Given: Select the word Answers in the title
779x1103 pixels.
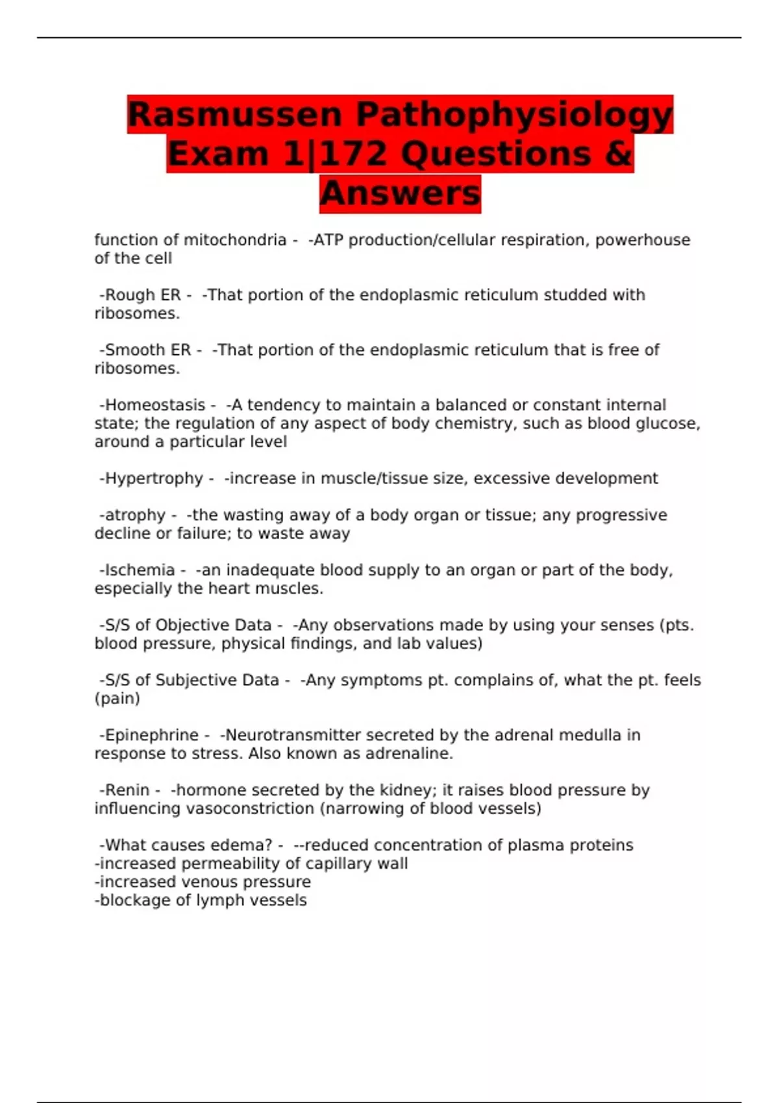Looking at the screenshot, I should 400,193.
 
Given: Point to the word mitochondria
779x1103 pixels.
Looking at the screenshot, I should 235,240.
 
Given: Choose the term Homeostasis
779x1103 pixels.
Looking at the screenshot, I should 155,406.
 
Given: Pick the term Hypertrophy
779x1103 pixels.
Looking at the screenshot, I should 154,479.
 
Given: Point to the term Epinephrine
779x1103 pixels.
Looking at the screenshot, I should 151,735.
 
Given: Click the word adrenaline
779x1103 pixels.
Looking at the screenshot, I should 408,754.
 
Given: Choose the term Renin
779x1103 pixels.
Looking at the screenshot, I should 127,790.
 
